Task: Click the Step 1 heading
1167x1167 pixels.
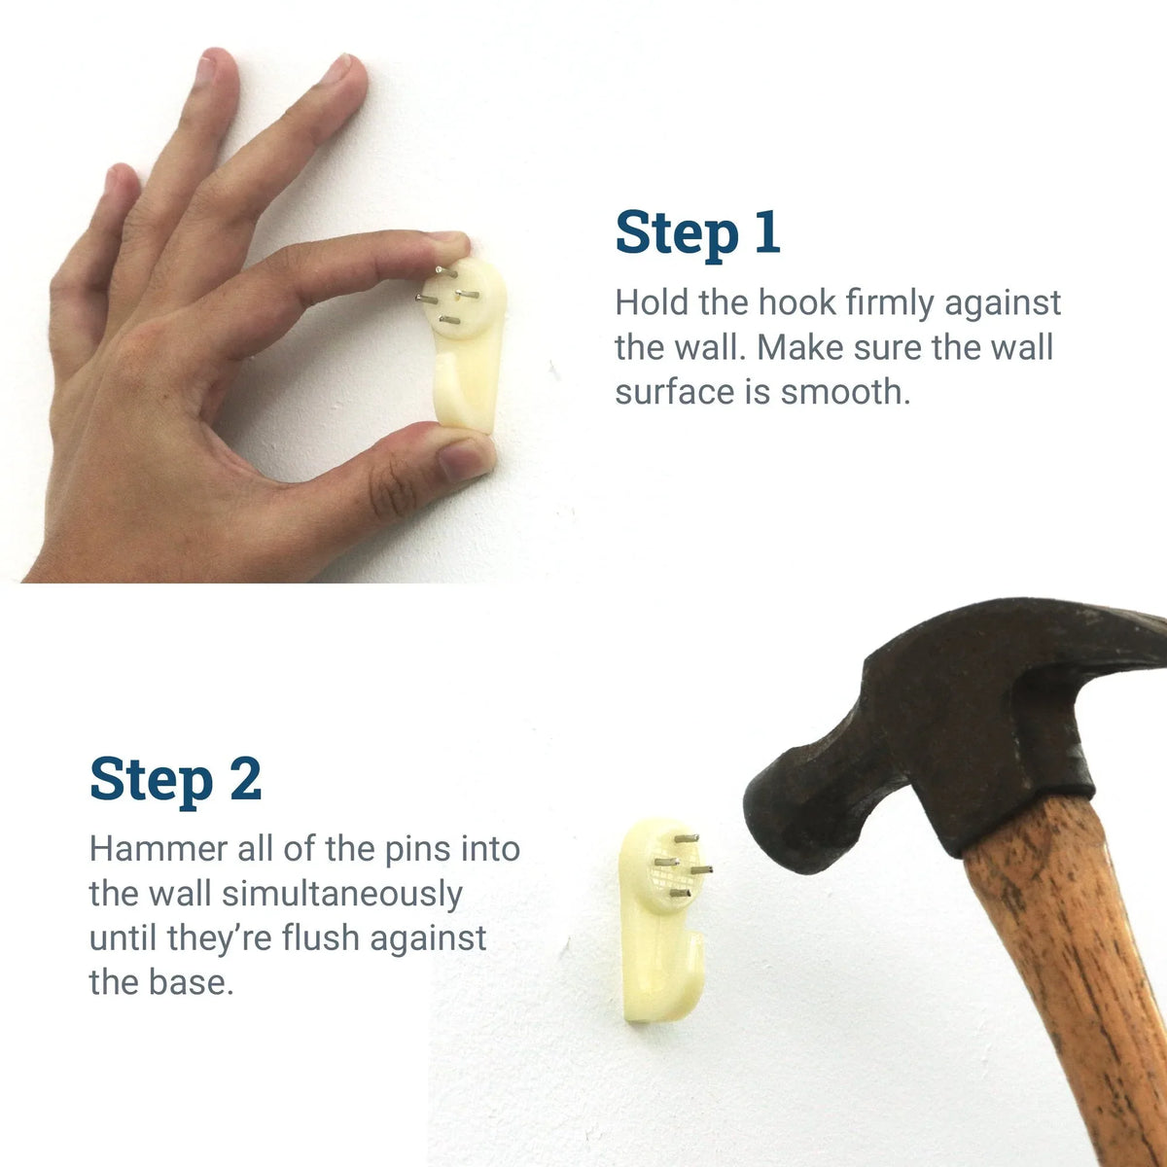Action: [x=697, y=233]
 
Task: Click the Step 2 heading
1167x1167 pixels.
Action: [x=175, y=779]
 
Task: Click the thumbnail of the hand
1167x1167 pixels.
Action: [x=464, y=458]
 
